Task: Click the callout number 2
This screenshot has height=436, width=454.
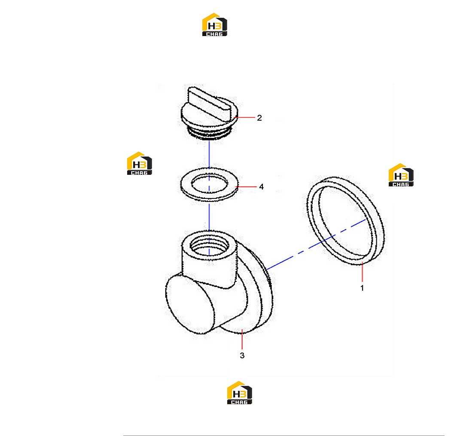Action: (x=259, y=118)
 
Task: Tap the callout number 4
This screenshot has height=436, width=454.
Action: (x=261, y=187)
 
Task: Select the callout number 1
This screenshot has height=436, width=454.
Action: (x=362, y=288)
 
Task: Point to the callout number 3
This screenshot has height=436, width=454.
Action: (x=242, y=355)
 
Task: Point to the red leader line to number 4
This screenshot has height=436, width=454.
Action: (x=247, y=187)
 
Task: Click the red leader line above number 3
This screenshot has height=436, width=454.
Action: (x=242, y=339)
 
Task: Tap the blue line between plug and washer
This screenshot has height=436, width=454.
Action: (x=209, y=154)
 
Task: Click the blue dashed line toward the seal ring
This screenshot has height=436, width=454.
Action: (x=316, y=244)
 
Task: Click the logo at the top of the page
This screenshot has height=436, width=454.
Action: (x=215, y=24)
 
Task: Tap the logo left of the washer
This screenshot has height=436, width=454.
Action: (x=139, y=163)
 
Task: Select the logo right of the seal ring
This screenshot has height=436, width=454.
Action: (x=401, y=175)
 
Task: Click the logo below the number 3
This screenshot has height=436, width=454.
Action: (x=239, y=393)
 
